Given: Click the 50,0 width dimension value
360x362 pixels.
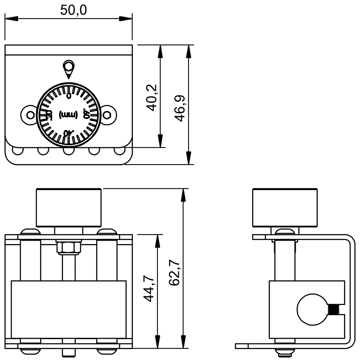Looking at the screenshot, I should [73, 10].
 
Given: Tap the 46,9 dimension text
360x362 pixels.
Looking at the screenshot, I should [180, 108].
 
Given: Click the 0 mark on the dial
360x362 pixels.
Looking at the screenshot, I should [69, 96].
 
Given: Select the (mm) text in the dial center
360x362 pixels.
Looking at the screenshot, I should [69, 115].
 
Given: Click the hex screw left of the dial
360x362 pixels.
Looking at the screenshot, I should [30, 115].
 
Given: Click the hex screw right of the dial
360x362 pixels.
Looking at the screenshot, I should [108, 115].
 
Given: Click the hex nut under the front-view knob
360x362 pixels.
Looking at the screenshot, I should [69, 247].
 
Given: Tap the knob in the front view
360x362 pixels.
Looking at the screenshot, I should [69, 208].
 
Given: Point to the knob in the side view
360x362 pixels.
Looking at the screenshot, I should [285, 208].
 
